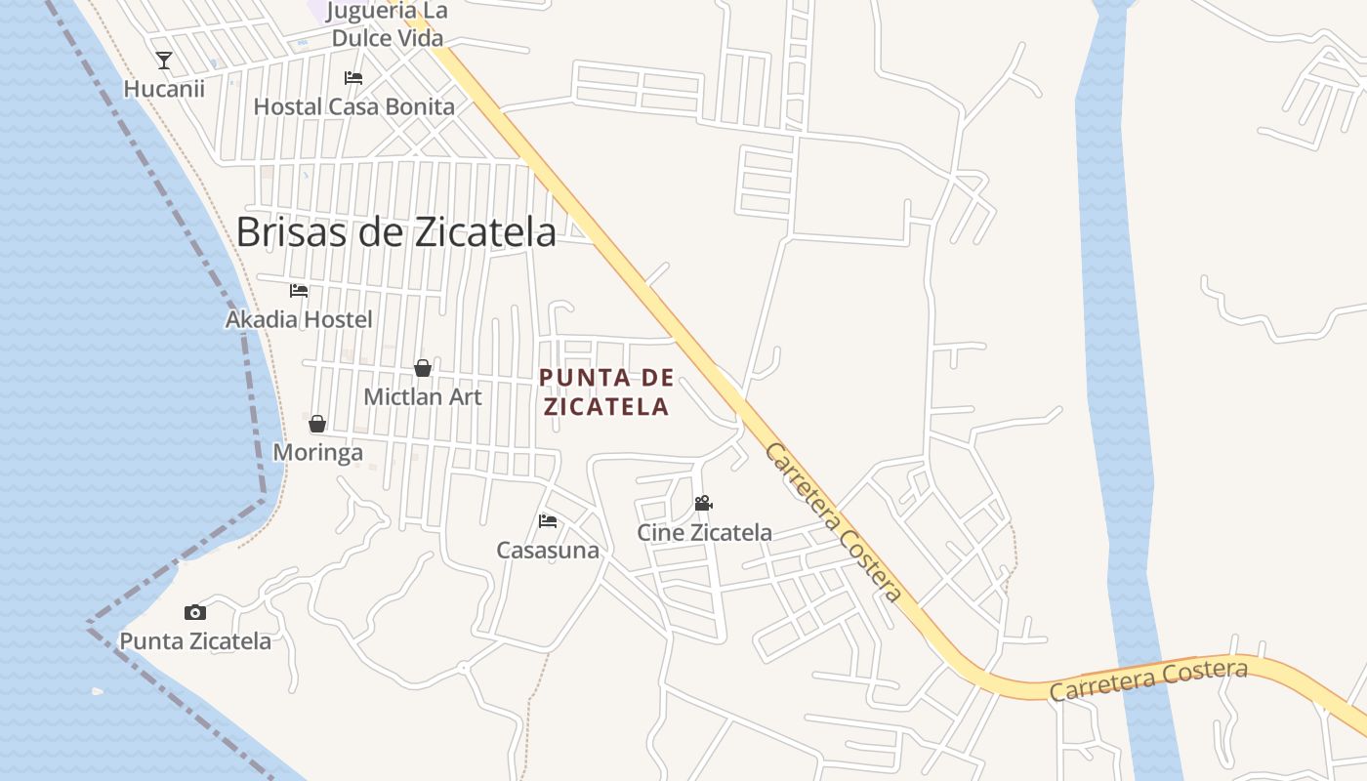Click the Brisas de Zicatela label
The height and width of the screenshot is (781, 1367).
(396, 232)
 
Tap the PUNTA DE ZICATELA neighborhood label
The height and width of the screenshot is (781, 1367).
(606, 392)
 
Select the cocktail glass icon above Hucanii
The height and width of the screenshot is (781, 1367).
(164, 61)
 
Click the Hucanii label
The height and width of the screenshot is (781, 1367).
(164, 89)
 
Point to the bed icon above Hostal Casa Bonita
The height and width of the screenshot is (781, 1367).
(353, 78)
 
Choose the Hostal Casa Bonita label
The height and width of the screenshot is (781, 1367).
(354, 106)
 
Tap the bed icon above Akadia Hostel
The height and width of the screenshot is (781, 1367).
(299, 291)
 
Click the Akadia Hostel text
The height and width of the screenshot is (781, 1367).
(299, 319)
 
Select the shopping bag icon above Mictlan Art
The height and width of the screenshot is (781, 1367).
(423, 368)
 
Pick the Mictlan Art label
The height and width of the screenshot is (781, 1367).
(423, 397)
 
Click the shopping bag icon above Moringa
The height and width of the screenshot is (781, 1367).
(317, 424)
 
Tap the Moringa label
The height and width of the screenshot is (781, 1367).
(317, 453)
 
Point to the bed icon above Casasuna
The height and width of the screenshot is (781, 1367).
(548, 521)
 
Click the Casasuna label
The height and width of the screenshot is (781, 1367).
(548, 551)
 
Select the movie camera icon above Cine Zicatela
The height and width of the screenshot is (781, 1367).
(703, 504)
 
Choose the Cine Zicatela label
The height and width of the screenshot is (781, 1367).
(704, 533)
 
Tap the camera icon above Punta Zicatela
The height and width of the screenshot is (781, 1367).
(195, 613)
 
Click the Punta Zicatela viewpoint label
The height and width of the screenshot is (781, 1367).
(195, 641)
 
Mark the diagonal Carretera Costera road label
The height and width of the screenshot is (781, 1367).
(832, 522)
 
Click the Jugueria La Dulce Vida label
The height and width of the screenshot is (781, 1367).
(387, 25)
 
